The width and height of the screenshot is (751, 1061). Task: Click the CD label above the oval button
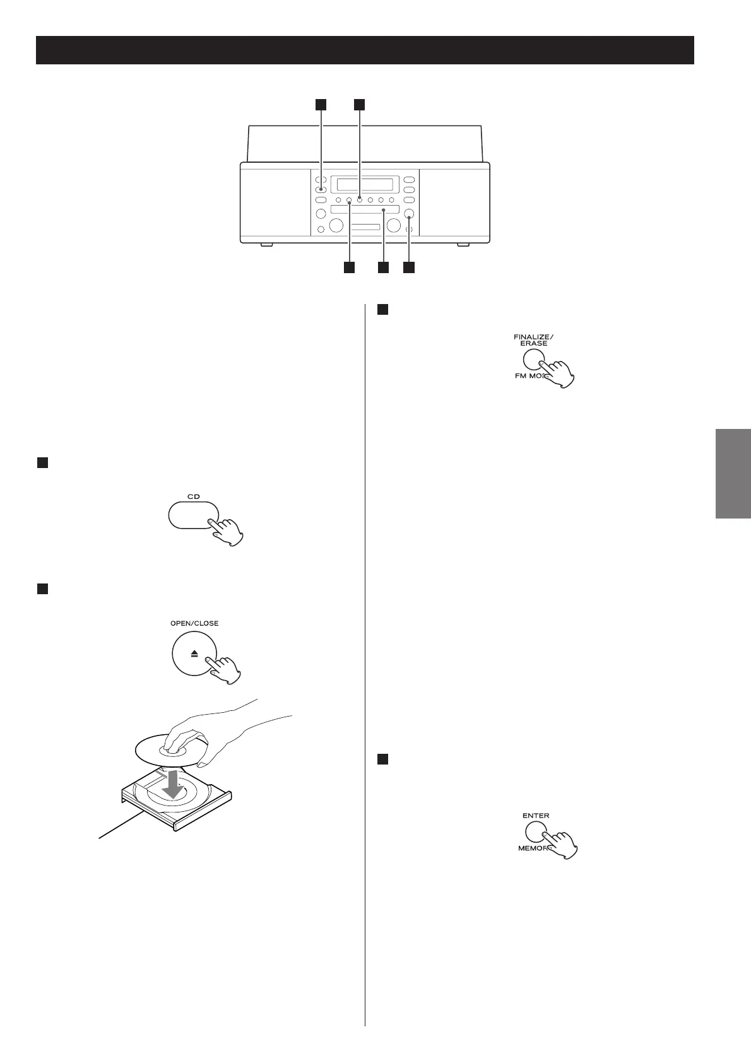(193, 496)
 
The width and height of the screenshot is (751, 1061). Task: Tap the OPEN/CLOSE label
(194, 623)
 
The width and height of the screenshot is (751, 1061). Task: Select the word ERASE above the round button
(533, 343)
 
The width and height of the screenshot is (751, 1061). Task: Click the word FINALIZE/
(533, 336)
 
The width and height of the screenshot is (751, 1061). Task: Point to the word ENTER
(536, 816)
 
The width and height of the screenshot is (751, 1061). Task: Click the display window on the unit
(365, 184)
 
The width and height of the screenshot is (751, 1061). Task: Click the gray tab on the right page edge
(733, 473)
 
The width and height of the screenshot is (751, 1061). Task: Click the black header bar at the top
(365, 50)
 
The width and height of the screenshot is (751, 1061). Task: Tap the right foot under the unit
(464, 244)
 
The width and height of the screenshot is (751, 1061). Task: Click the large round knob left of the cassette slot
(336, 225)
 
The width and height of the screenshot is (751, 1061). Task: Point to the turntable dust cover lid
(365, 144)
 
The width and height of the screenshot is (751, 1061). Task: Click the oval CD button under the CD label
(193, 515)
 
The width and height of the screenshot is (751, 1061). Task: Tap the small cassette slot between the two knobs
(365, 227)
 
